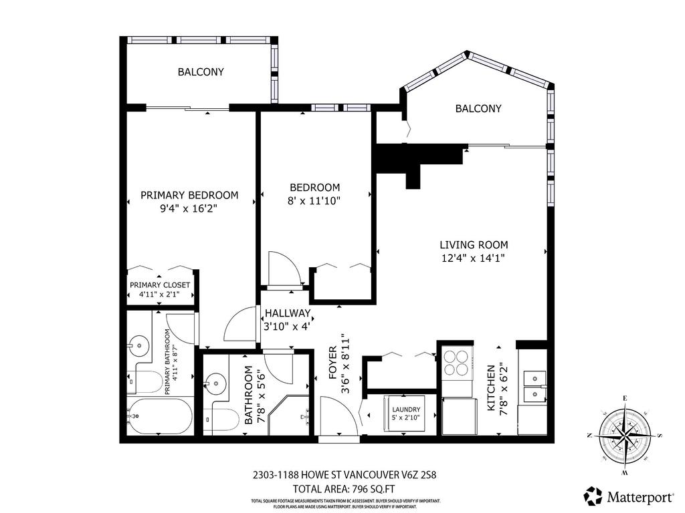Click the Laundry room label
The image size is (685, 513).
[405, 409]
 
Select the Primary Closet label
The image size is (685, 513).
[160, 285]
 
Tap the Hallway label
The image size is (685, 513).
[288, 313]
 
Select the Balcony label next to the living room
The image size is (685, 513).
[478, 108]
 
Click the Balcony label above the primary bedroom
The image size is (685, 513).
[200, 71]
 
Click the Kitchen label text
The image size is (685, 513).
[492, 388]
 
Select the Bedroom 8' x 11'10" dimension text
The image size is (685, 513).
[314, 200]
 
